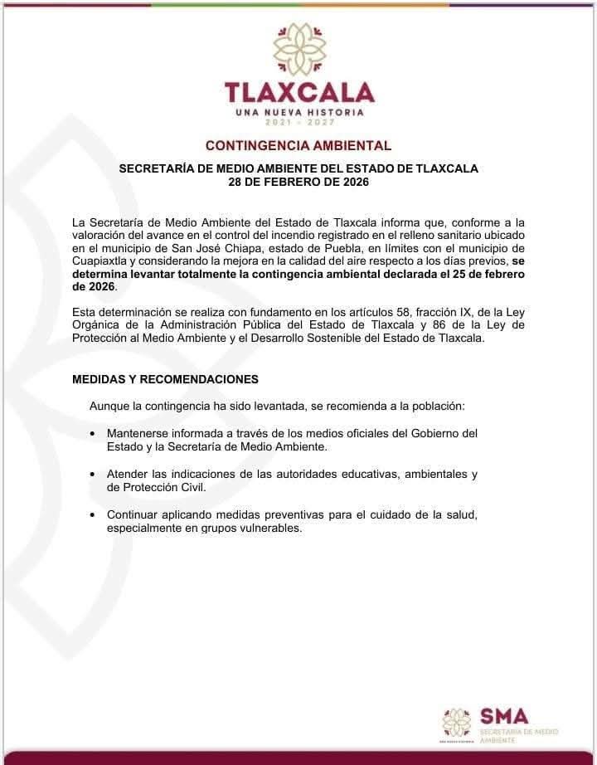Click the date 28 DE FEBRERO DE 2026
298,181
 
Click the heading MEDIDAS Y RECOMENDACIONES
166,379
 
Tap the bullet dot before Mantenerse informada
91,434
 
